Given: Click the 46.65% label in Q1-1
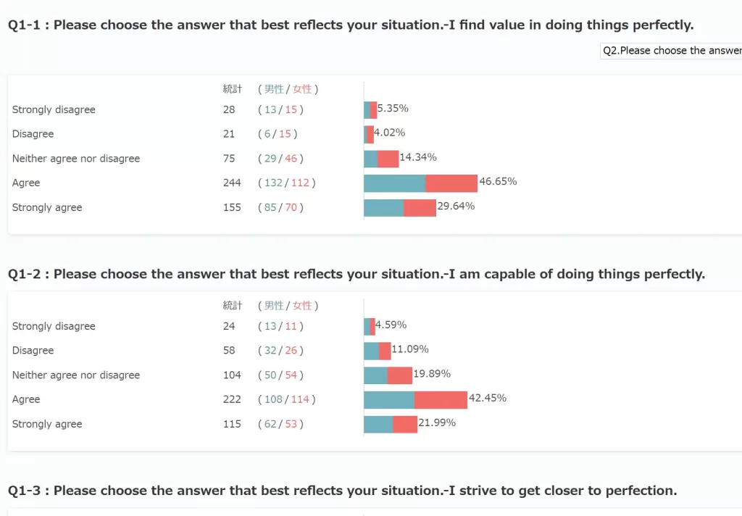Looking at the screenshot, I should [x=498, y=181].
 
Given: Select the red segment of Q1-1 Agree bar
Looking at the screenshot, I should [x=451, y=183].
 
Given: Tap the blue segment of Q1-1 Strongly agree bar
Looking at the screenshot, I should [x=383, y=207].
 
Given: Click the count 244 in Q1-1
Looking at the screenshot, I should [x=232, y=183].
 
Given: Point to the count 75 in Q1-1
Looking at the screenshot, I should [x=229, y=159].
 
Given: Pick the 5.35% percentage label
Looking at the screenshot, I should [x=393, y=109].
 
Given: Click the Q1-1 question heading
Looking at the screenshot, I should [x=350, y=25].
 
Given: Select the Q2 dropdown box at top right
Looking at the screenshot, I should [x=671, y=51].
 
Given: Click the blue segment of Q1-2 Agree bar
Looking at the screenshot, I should [x=389, y=399].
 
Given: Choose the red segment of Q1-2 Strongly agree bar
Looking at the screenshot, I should [x=405, y=424].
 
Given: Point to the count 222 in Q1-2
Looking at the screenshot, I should [x=232, y=399].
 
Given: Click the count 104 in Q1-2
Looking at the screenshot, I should [x=232, y=375].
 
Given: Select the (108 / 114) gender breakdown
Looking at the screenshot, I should [x=287, y=399].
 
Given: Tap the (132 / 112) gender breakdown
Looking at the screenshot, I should [x=287, y=183].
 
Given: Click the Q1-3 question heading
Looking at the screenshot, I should [x=342, y=491].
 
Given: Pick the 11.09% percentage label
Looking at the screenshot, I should [x=409, y=349].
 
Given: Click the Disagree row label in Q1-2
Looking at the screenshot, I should [x=33, y=351].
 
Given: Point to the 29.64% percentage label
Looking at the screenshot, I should [x=456, y=206].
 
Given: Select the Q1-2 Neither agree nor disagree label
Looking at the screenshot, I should [x=76, y=375].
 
